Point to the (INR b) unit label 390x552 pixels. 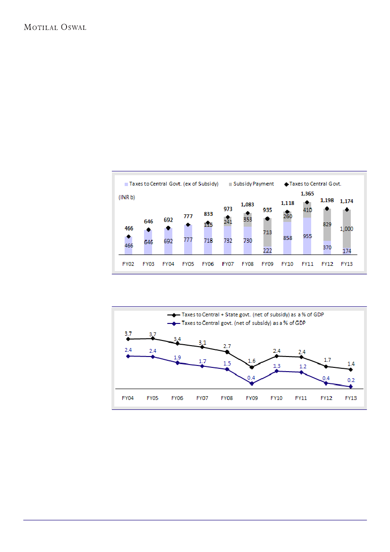(127, 197)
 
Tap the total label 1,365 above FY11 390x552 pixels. (307, 194)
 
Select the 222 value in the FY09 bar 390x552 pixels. (268, 250)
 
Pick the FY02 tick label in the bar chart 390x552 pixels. (128, 264)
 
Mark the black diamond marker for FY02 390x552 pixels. (128, 237)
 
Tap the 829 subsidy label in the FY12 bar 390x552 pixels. (327, 225)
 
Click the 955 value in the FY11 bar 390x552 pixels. (307, 236)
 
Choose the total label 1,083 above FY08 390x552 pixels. (247, 205)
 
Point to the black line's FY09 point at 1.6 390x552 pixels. (252, 367)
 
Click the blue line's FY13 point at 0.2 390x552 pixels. (351, 387)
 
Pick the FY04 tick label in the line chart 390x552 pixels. (127, 398)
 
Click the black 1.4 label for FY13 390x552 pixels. (351, 363)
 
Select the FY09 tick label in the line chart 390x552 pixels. (252, 398)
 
